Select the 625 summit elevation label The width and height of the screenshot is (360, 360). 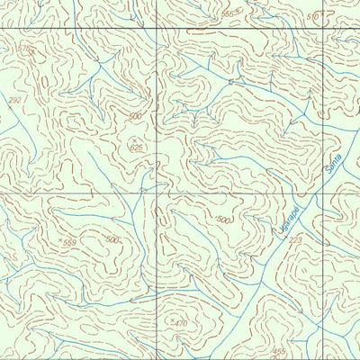click(x=136, y=147)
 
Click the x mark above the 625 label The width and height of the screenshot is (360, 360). click(x=136, y=137)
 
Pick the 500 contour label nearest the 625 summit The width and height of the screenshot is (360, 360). click(x=135, y=117)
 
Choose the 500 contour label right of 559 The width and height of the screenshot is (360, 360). click(x=112, y=238)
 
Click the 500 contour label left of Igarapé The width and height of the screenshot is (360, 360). click(x=223, y=220)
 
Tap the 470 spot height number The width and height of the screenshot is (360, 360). click(x=181, y=322)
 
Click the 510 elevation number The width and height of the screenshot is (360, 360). click(x=312, y=17)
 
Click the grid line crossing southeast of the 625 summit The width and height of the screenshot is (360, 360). click(x=158, y=193)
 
